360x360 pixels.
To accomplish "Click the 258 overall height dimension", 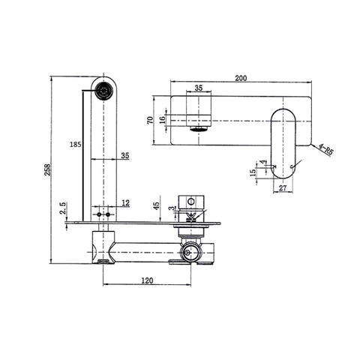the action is coord(47,169).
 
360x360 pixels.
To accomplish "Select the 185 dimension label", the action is coord(76,144).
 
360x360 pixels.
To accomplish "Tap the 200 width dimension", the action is coord(241,78).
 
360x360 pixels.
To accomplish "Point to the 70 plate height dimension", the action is coord(150,120).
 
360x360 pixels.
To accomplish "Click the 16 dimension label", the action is coord(162,120).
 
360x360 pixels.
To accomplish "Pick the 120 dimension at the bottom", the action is coord(147,280).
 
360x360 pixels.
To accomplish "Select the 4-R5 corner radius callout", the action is coord(325,150).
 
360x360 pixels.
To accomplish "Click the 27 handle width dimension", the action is coord(283,187).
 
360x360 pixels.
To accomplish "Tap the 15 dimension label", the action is coord(253,172).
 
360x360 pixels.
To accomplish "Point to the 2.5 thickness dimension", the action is coord(63,208).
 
